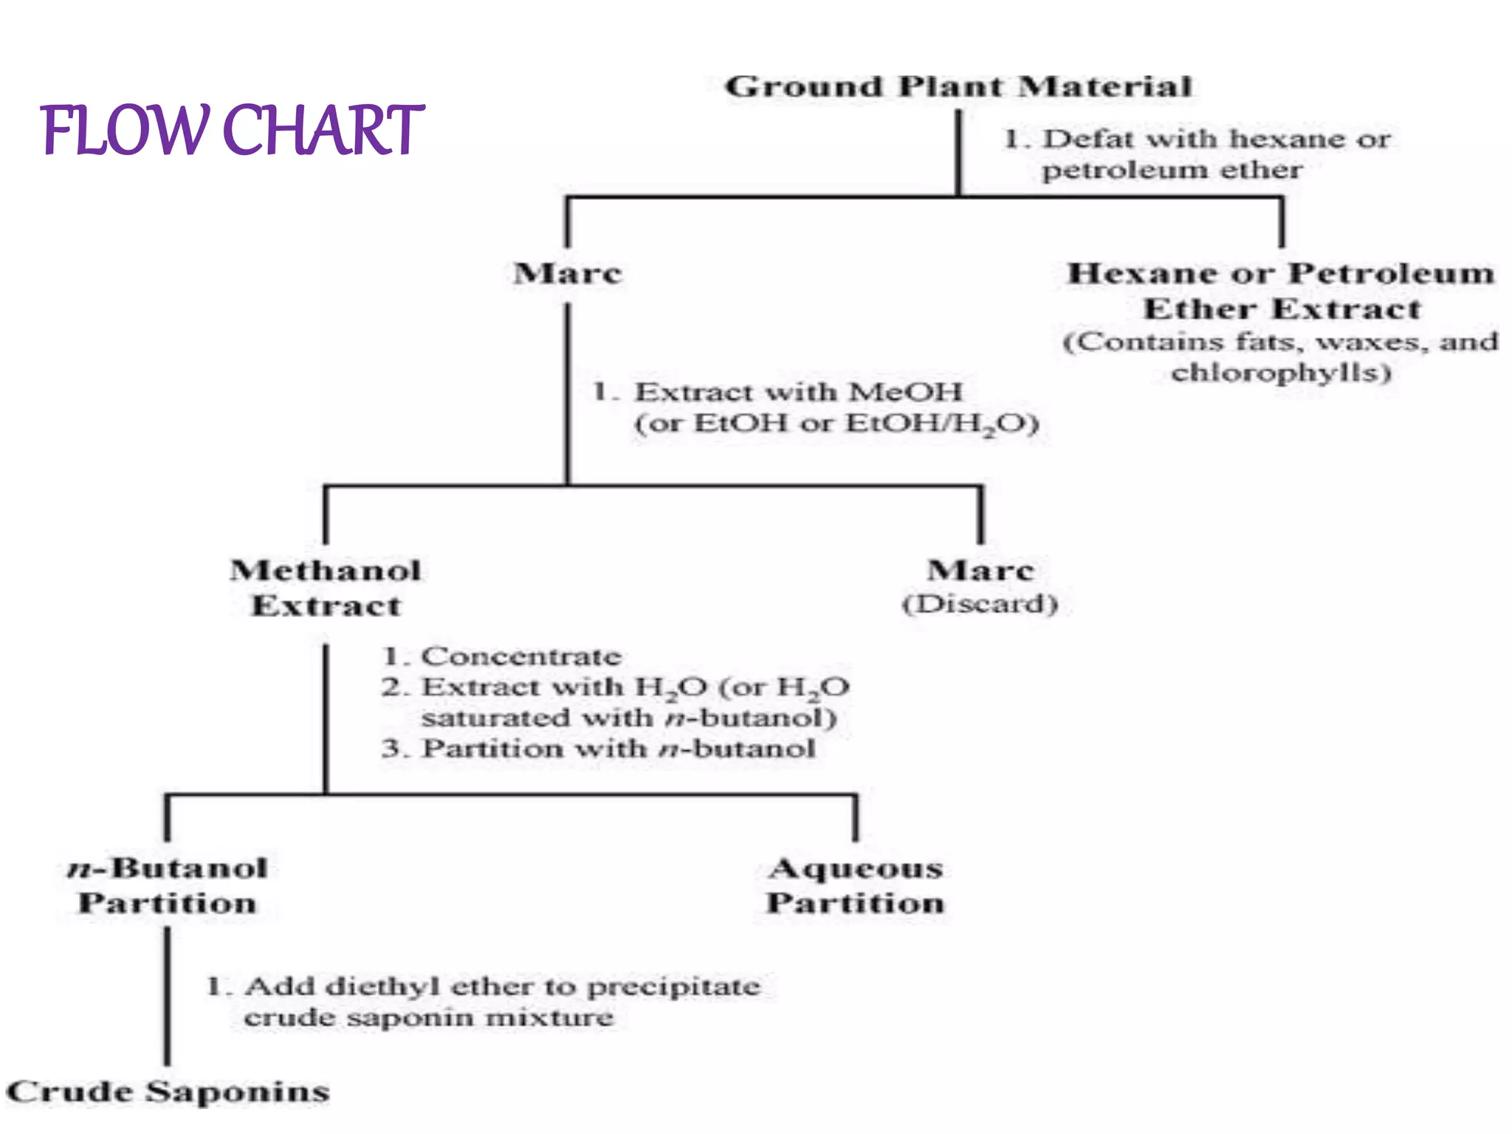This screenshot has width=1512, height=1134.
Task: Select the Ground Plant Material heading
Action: coord(958,87)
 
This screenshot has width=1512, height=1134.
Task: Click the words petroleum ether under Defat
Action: coord(1172,171)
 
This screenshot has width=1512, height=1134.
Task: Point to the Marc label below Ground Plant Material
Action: coord(568,274)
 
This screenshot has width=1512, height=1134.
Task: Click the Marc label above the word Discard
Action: coord(980,571)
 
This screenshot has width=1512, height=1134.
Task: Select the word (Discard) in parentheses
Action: coord(980,605)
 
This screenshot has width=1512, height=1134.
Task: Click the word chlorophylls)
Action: coord(1281,372)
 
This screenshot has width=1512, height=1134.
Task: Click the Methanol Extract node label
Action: coord(326,588)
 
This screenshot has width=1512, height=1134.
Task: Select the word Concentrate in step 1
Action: coord(520,656)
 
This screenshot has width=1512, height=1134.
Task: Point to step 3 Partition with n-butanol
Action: coord(598,749)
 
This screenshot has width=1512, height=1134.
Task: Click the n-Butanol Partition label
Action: coord(168,885)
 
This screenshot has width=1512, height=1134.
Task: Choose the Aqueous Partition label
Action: coord(855,885)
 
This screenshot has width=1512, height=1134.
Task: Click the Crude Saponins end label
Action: coord(168,1092)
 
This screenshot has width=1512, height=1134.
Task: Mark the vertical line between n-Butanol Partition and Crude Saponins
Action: coord(167,997)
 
